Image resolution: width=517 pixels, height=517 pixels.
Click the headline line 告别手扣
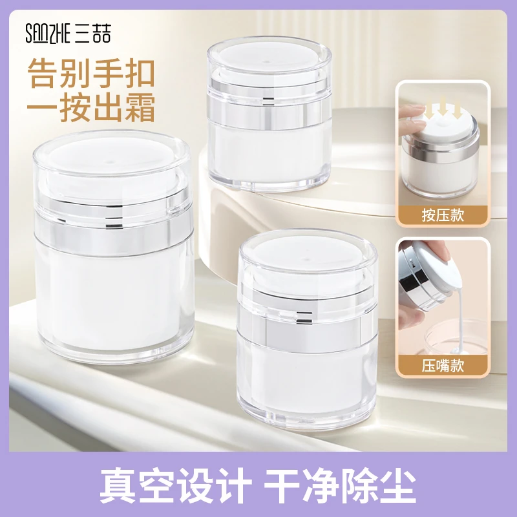[91, 73]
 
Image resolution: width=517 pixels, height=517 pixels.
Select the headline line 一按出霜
[91, 107]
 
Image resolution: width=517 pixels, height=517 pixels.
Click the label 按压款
[443, 215]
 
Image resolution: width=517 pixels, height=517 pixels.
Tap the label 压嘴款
[443, 366]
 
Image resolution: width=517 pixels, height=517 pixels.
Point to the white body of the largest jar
[114, 297]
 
